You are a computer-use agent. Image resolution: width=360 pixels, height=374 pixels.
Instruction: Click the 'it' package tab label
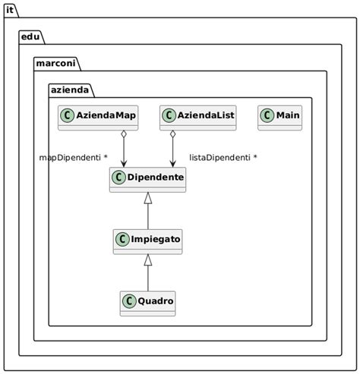[10, 10]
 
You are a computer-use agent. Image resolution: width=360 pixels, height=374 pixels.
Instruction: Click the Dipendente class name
[155, 178]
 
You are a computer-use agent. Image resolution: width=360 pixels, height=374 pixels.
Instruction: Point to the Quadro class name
[155, 301]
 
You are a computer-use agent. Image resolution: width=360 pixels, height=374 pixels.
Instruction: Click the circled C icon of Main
[267, 115]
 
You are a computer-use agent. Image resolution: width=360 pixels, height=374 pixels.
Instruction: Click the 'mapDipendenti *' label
[73, 158]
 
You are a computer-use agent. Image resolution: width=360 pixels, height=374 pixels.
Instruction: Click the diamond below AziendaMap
[123, 136]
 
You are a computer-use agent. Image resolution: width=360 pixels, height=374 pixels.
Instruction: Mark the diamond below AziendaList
[173, 136]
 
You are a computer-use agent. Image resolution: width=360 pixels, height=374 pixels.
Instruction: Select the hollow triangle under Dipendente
[148, 199]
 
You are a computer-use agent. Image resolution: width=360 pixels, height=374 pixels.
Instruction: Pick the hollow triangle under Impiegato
[148, 260]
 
